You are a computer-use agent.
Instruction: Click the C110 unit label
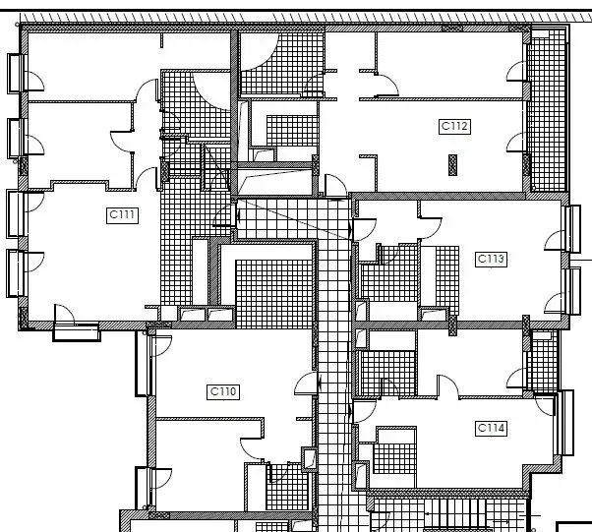point(223,391)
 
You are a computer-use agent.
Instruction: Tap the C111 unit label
point(122,215)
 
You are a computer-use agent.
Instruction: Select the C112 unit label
point(455,126)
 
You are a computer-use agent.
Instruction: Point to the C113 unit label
point(491,260)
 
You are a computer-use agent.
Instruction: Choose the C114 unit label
point(491,429)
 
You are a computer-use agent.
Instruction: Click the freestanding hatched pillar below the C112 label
point(452,164)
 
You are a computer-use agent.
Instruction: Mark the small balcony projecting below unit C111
point(77,332)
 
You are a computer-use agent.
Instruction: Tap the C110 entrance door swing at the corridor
point(306,384)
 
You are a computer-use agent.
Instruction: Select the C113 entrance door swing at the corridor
point(364,229)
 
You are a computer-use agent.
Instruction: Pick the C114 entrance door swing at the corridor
point(364,411)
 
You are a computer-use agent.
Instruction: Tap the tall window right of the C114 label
point(564,423)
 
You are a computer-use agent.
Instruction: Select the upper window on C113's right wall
point(572,229)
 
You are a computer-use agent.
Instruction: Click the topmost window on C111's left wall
point(17,73)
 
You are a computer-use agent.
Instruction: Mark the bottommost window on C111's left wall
point(17,273)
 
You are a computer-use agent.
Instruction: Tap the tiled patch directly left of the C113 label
point(447,279)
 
